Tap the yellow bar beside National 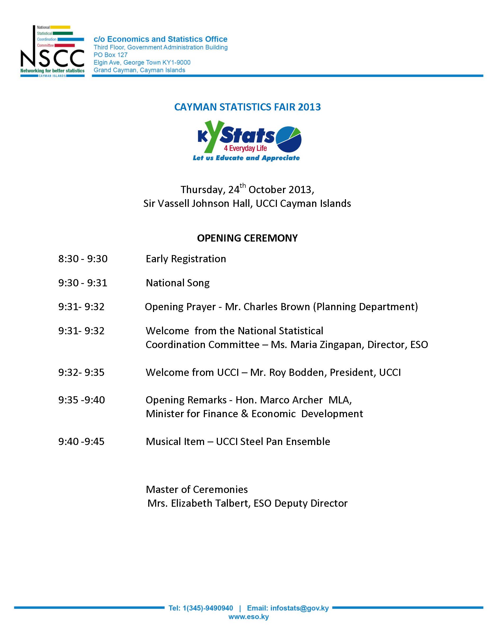60,27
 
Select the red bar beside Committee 65,46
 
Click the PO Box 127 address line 111,55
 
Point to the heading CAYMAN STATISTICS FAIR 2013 247,107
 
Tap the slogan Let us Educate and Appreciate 246,158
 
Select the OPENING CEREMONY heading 247,238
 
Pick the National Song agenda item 178,283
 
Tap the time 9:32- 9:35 81,372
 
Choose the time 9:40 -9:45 81,442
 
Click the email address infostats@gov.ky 299,608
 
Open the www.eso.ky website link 248,617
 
